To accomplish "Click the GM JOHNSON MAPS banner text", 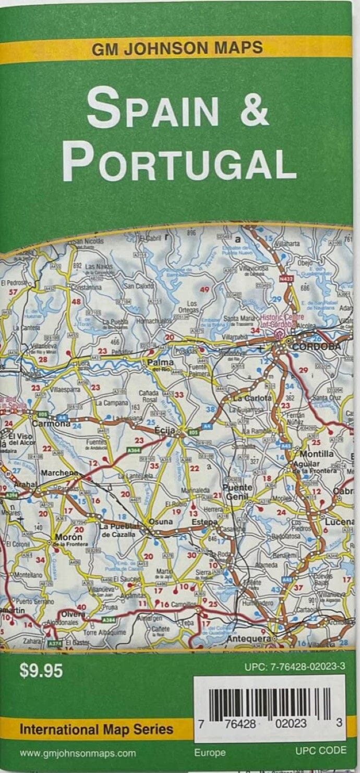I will (x=177, y=49).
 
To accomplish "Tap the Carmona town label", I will (x=51, y=424).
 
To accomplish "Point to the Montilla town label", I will (x=317, y=454).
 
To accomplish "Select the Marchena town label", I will (x=60, y=474).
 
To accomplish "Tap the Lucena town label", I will (x=340, y=521).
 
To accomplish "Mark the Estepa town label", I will (x=204, y=522).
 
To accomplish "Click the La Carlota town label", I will (x=253, y=398).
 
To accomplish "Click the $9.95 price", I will (x=41, y=671).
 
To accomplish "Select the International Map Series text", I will (x=97, y=729).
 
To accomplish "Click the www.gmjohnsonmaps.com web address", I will (x=78, y=753).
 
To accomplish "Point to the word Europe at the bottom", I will (x=210, y=752).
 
